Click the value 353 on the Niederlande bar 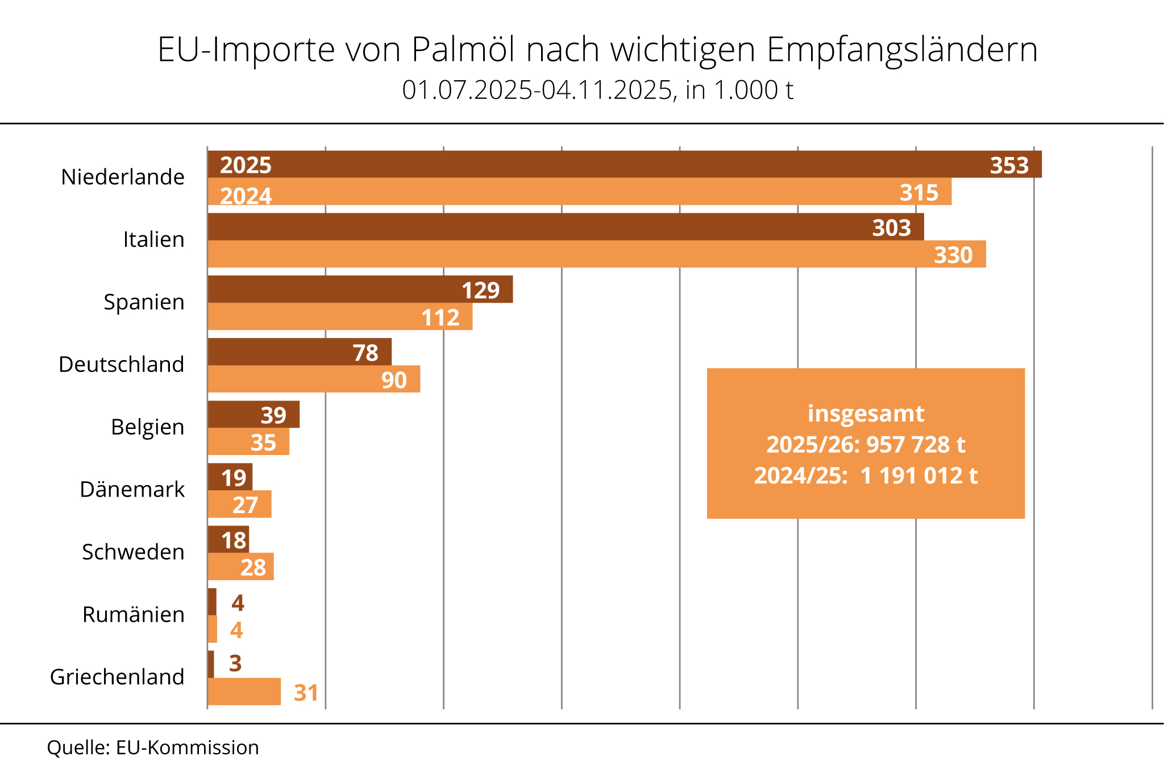click(x=1009, y=166)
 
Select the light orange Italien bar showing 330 click(x=597, y=254)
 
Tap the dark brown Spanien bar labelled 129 click(x=360, y=290)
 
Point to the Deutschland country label click(x=121, y=365)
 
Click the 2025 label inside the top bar click(x=246, y=166)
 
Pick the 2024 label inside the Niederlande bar click(x=246, y=196)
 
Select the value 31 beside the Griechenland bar click(x=306, y=693)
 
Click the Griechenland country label click(x=117, y=677)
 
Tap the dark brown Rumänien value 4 click(x=238, y=603)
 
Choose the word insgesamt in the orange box click(x=866, y=414)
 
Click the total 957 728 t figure click(x=915, y=445)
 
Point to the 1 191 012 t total click(x=918, y=476)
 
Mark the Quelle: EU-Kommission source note click(x=153, y=747)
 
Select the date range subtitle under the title click(x=597, y=90)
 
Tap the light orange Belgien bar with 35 click(x=248, y=442)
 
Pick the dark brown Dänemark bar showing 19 click(x=230, y=477)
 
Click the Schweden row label click(x=133, y=552)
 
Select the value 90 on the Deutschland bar click(x=394, y=380)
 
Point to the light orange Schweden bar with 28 click(x=240, y=567)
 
